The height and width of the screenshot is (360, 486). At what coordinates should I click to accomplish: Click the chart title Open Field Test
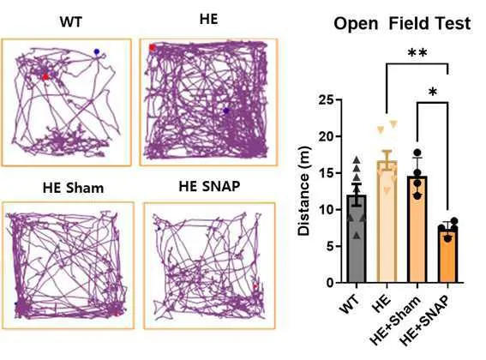402,23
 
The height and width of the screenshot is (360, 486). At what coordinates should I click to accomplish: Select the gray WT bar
357,239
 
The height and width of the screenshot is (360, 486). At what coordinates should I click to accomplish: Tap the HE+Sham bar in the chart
417,230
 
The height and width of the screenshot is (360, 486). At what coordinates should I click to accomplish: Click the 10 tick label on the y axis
327,210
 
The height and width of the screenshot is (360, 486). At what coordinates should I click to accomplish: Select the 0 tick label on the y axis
330,283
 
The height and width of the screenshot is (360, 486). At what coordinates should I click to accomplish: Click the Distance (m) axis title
303,191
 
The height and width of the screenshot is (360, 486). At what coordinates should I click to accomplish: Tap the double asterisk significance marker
417,52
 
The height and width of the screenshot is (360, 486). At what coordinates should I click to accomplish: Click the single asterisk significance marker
433,93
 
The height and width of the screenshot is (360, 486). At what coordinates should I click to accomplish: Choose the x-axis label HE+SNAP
424,321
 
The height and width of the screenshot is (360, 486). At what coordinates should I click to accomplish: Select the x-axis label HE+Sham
395,321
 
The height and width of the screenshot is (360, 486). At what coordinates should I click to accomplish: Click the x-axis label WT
350,304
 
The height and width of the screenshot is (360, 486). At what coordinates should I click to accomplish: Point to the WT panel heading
71,22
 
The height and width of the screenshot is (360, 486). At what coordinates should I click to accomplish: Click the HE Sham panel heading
73,188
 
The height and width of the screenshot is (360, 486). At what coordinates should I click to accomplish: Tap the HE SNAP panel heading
209,186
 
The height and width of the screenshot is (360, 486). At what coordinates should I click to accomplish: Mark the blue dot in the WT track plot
97,51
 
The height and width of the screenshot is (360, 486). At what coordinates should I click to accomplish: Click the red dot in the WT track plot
45,76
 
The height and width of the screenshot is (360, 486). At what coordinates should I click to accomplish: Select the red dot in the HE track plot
152,47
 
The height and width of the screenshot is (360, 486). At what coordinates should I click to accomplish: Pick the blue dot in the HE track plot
226,111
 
